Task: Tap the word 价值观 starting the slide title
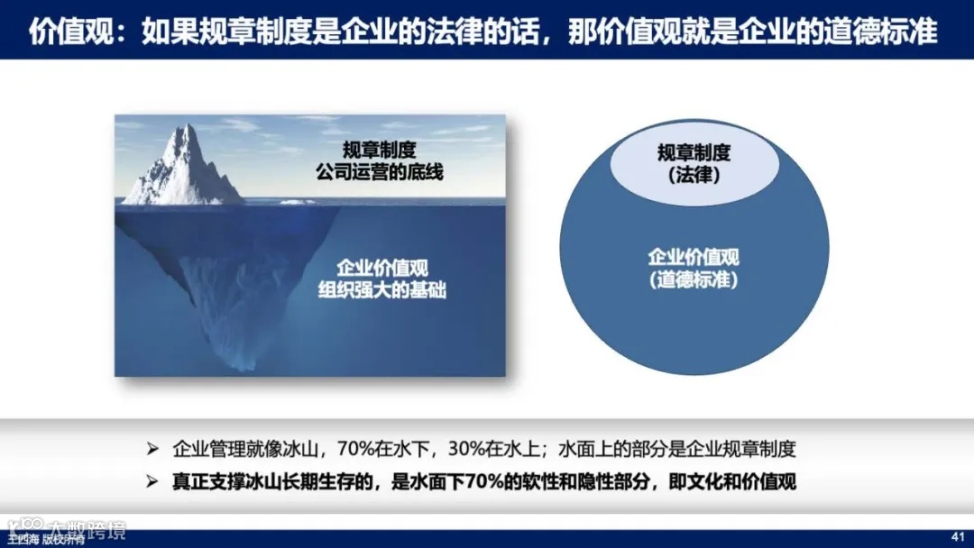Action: (61, 32)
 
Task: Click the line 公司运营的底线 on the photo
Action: (378, 172)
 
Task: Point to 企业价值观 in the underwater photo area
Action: (382, 268)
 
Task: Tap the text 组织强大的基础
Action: (382, 290)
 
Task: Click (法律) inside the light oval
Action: (694, 175)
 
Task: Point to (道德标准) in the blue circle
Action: (694, 280)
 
